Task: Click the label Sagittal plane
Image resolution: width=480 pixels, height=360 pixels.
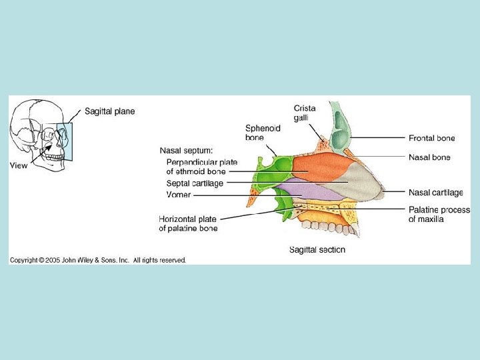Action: pos(109,111)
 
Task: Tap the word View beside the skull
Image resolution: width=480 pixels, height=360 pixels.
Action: pos(19,165)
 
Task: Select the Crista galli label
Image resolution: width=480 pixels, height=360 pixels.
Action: pos(305,113)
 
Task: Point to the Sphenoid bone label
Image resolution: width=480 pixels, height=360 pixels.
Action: pos(263,133)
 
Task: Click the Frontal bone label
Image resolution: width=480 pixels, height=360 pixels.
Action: pos(431,138)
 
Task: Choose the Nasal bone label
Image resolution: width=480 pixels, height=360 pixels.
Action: pos(429,157)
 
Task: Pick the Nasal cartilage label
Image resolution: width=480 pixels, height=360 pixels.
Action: pos(435,193)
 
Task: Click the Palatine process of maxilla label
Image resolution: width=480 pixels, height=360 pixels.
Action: pos(439,214)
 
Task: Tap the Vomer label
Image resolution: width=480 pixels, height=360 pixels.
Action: pos(178,195)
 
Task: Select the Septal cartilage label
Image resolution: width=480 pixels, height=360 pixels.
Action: pos(195,183)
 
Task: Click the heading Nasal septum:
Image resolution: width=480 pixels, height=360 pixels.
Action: pos(186,151)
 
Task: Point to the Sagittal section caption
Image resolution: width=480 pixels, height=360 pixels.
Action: pos(317,250)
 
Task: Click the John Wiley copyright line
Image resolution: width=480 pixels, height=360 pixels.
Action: pos(97,260)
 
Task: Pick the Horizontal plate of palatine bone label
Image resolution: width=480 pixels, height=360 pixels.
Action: pos(188,223)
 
